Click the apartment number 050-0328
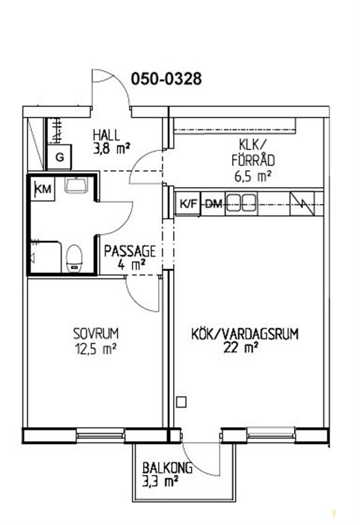coord(167,79)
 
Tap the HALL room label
coord(106,135)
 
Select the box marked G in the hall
coord(60,157)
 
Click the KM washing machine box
coord(43,189)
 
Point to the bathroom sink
coord(76,185)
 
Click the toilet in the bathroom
coord(74,258)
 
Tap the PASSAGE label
coord(130,251)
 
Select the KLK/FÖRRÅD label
coord(253,152)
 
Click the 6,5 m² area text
coord(252,176)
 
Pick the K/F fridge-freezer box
coord(188,203)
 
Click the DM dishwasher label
coord(213,203)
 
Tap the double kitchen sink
coord(241,203)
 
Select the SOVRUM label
coord(96,334)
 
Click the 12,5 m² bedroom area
coord(96,349)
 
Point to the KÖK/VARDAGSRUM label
coord(245,334)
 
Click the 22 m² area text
coord(241,348)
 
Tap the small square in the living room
coord(181,402)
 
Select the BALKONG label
coord(167,468)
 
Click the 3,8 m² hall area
coord(111,148)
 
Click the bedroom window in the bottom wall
coord(100,436)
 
